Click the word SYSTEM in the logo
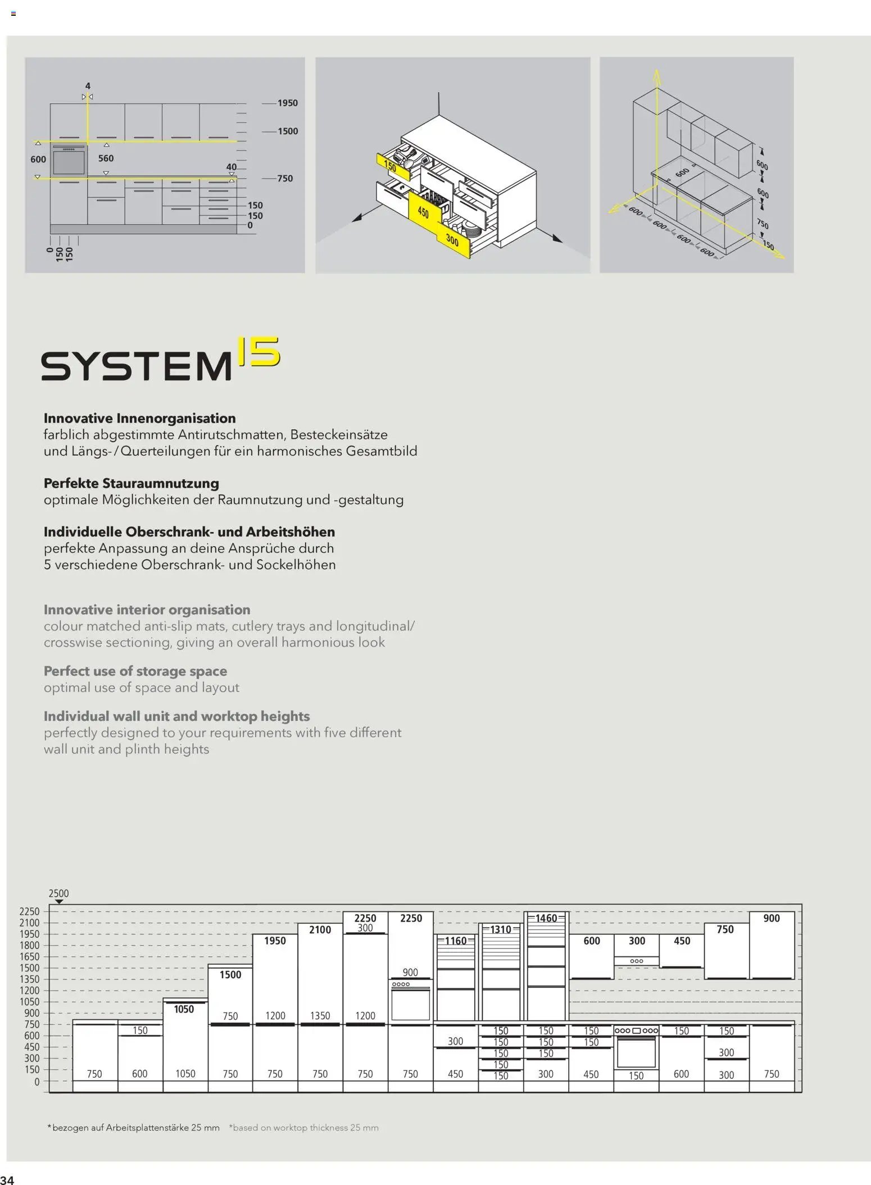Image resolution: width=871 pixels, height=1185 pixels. coord(137,366)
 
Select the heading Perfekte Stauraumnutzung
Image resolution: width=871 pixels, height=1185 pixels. coord(131,483)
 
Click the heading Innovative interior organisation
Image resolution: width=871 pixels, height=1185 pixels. coord(147,610)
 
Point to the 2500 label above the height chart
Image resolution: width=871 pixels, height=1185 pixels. coord(58,893)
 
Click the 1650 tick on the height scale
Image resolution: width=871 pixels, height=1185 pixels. coord(29,956)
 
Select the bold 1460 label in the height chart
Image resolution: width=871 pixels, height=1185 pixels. coord(546,918)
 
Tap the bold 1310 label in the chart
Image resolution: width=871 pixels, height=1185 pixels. coord(501,929)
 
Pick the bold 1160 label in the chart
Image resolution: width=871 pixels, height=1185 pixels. coord(456,941)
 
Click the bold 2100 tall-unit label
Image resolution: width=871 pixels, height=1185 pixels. coord(320,930)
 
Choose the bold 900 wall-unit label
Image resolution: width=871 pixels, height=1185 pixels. coord(772,918)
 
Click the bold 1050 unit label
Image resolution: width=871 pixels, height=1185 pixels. coord(184,1009)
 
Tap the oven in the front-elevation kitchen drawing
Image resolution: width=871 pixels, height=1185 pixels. coord(69,162)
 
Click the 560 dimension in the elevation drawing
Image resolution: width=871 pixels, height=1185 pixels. coord(106,158)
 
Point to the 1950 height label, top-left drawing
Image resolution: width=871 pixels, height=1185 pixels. coord(287,103)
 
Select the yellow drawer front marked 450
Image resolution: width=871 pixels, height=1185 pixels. coord(424,212)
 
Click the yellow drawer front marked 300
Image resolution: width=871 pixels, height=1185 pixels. coord(453,241)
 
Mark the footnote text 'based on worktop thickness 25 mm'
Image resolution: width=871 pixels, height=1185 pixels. coord(304,1127)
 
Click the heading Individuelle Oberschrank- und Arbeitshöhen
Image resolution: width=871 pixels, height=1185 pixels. coord(189,532)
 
